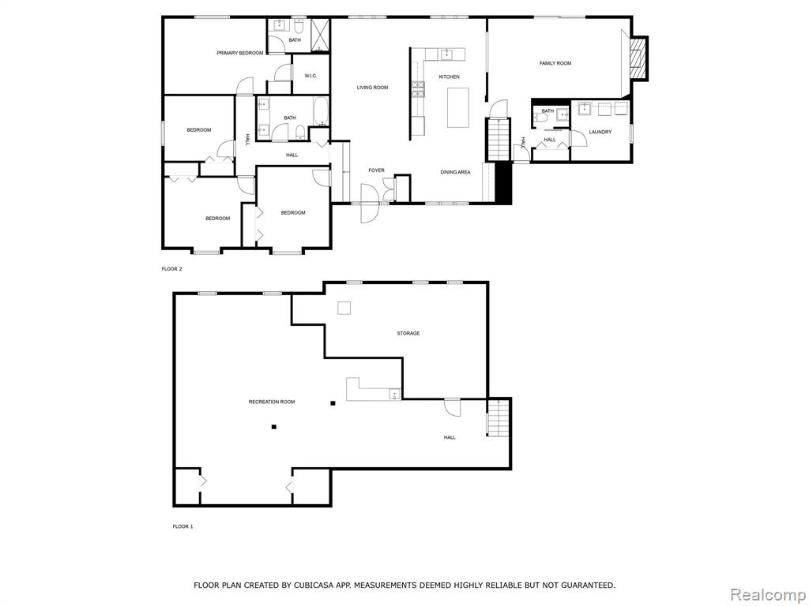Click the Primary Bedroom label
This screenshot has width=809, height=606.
(x=240, y=53)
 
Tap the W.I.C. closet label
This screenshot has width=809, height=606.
(x=310, y=77)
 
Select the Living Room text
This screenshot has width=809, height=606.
(x=373, y=88)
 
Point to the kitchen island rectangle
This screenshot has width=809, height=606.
(x=457, y=107)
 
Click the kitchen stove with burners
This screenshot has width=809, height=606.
(x=418, y=88)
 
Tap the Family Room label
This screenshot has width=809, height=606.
(x=555, y=63)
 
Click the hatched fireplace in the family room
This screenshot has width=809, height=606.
(x=638, y=58)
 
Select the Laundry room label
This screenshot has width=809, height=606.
(x=600, y=132)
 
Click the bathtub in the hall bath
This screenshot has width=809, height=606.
(x=321, y=112)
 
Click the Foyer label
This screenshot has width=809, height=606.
(x=376, y=170)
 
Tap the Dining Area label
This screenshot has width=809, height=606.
(x=455, y=172)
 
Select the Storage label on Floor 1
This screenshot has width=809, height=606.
(x=408, y=334)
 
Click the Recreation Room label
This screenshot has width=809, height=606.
(x=272, y=402)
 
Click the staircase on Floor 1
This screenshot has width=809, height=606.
(x=499, y=417)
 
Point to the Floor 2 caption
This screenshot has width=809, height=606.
(x=171, y=269)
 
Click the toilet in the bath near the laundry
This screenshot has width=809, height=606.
(x=540, y=118)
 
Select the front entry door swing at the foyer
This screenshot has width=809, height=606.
(x=370, y=204)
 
